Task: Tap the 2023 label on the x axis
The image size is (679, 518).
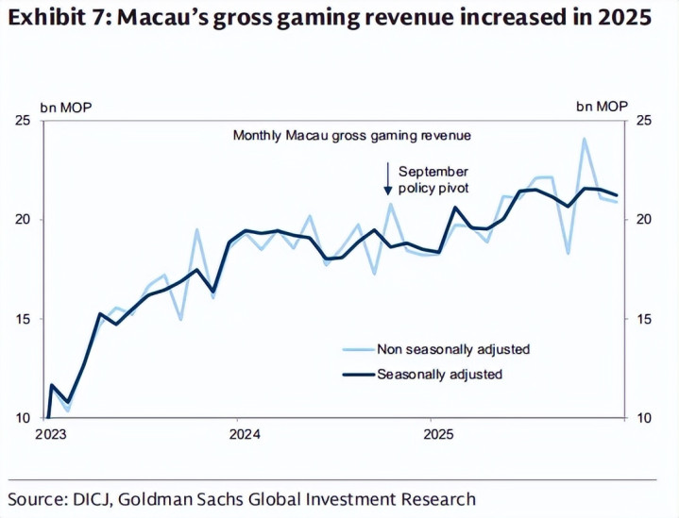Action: pyautogui.click(x=50, y=434)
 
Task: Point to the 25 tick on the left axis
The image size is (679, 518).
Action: pyautogui.click(x=24, y=121)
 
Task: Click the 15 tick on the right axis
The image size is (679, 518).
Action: pyautogui.click(x=642, y=319)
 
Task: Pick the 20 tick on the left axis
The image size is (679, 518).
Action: pyautogui.click(x=24, y=220)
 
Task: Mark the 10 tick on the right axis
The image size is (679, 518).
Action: pyautogui.click(x=642, y=418)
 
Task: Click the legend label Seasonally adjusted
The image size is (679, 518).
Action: pyautogui.click(x=439, y=374)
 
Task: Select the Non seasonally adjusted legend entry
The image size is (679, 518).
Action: pyautogui.click(x=453, y=349)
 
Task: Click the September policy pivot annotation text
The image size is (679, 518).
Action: pyautogui.click(x=433, y=179)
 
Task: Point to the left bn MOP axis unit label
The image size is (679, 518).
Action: pyautogui.click(x=65, y=106)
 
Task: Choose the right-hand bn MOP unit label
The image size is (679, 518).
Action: pyautogui.click(x=602, y=106)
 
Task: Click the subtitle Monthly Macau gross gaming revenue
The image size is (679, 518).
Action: pyautogui.click(x=351, y=136)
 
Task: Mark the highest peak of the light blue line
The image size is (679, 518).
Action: pyautogui.click(x=584, y=139)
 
